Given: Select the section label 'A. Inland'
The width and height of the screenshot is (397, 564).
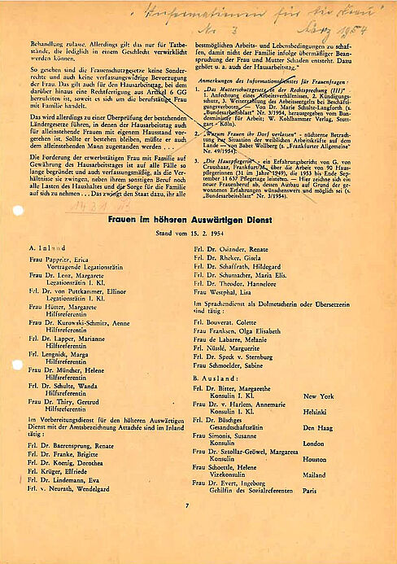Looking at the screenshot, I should coord(46,247).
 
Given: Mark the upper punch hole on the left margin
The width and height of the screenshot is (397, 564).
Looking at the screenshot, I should coord(16,210).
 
